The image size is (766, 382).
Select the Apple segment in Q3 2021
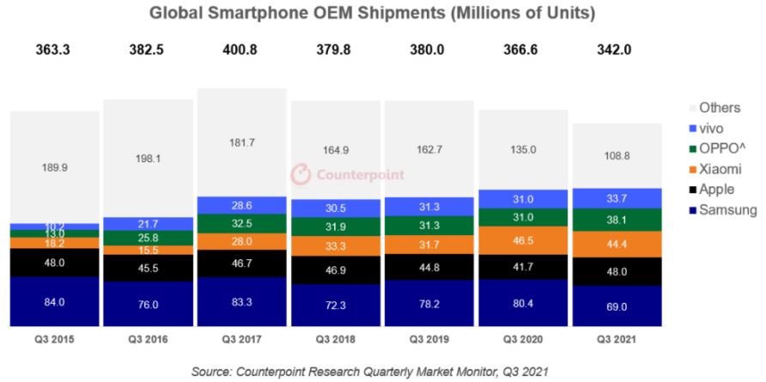click(617, 271)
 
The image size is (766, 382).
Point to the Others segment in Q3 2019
click(429, 149)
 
